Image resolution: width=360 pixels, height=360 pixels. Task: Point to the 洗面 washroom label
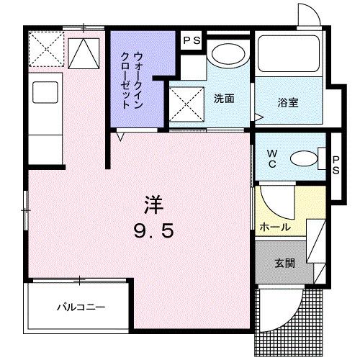tap(224, 99)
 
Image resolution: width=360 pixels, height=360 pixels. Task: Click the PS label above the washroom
tap(191, 41)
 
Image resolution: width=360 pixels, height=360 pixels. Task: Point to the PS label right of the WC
tap(336, 164)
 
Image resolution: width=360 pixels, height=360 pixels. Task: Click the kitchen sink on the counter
tap(45, 92)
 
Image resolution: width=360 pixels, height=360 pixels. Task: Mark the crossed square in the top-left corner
tap(45, 50)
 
